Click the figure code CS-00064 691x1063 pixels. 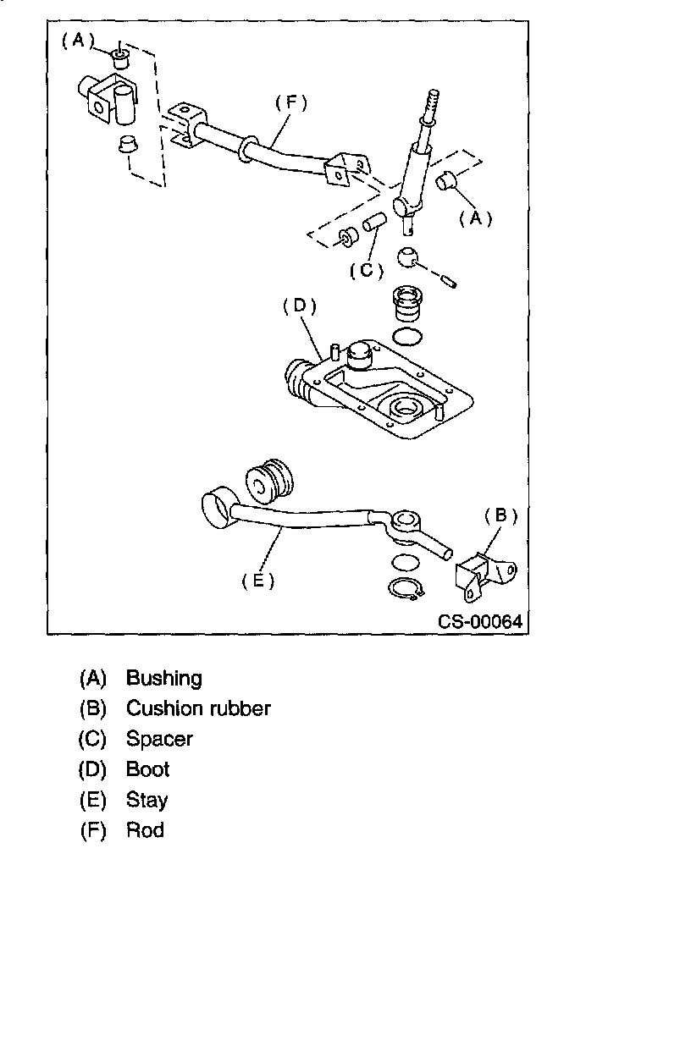pos(480,622)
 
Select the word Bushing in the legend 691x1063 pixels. pos(164,678)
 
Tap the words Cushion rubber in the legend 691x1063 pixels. pos(198,708)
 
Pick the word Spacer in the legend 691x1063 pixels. pos(159,739)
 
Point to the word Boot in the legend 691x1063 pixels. pos(148,769)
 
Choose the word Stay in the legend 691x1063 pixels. pos(146,800)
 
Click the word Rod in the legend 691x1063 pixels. pos(145,830)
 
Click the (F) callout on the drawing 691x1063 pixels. pos(290,102)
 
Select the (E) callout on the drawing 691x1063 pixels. pos(258,581)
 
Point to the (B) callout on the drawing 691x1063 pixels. pos(500,515)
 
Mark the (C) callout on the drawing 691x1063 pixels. pos(367,271)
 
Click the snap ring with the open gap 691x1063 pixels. pos(405,590)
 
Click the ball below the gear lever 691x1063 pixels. pos(409,257)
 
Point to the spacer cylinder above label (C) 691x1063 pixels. pos(375,226)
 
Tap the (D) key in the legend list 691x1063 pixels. pos(92,769)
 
